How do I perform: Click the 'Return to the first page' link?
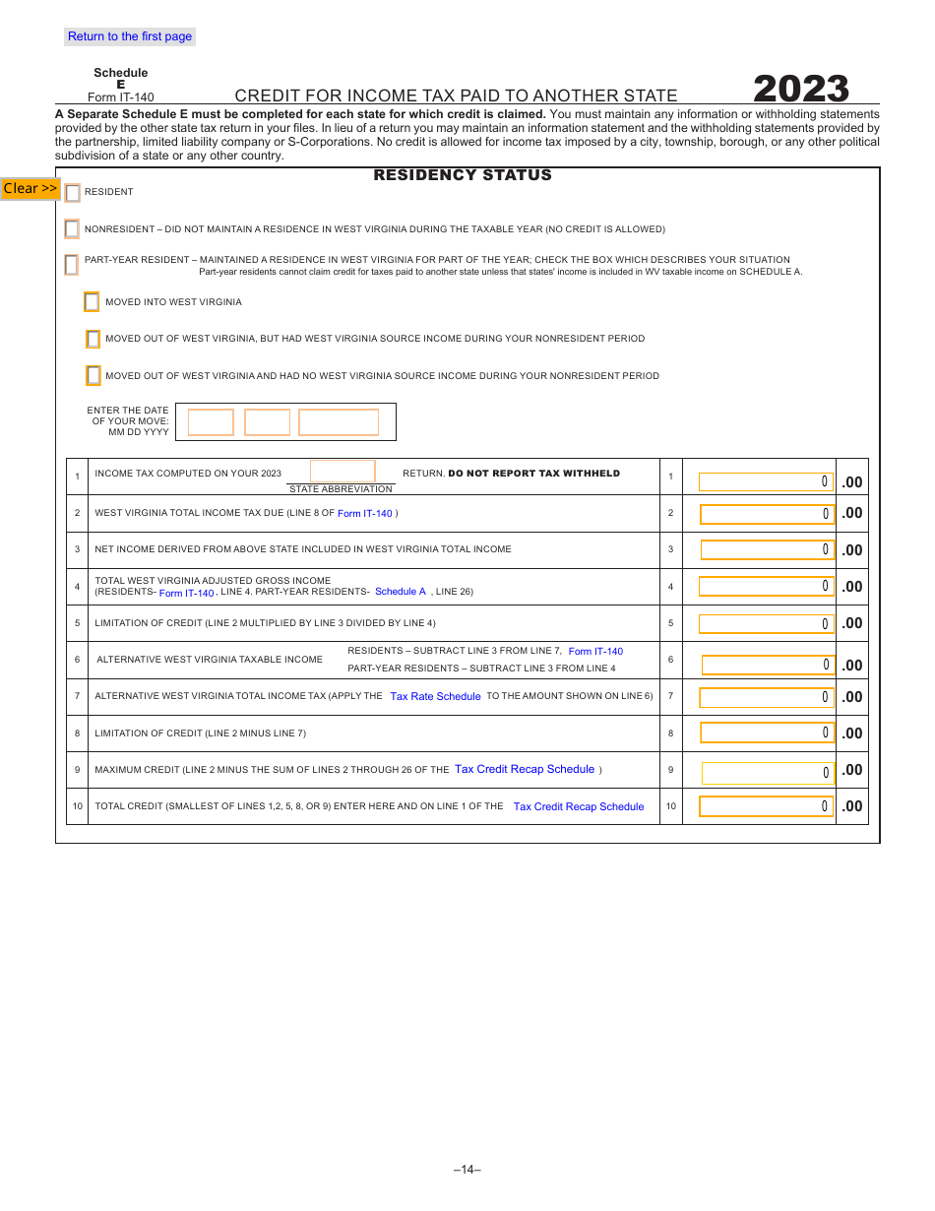[x=130, y=36]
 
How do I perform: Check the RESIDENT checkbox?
[x=73, y=193]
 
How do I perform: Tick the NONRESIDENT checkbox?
[x=72, y=229]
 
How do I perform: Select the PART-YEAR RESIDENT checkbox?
[x=72, y=265]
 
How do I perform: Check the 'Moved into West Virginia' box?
[x=92, y=302]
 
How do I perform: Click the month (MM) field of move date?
[x=211, y=422]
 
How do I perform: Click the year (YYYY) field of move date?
[x=339, y=422]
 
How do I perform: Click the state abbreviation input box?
[x=343, y=472]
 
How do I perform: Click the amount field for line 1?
[x=766, y=481]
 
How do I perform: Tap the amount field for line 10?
[x=766, y=806]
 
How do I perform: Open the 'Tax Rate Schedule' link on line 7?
[x=435, y=696]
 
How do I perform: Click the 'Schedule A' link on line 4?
[x=401, y=592]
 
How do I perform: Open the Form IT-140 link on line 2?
[x=364, y=513]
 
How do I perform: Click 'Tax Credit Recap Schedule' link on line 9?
[x=525, y=769]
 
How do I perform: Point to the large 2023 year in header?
[x=801, y=89]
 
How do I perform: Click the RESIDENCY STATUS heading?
[x=463, y=175]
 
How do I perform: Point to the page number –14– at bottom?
[x=467, y=1170]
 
